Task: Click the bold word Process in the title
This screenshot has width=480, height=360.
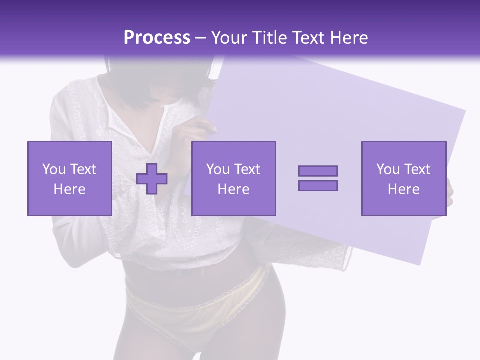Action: click(157, 38)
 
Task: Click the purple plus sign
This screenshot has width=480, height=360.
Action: click(152, 178)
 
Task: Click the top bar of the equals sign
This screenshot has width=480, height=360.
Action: click(318, 171)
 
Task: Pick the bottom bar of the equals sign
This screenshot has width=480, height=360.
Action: click(318, 185)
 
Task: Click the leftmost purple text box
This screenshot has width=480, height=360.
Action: click(69, 178)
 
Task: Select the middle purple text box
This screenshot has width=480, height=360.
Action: click(233, 178)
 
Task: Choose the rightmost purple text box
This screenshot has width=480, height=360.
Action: click(403, 178)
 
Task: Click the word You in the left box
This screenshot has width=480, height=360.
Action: click(53, 169)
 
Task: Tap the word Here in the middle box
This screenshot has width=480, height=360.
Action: click(233, 189)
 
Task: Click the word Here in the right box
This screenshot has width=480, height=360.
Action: click(403, 189)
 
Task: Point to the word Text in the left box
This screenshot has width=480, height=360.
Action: click(83, 169)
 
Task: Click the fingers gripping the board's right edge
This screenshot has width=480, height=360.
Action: click(449, 190)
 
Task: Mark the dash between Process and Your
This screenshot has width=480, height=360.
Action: click(201, 38)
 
